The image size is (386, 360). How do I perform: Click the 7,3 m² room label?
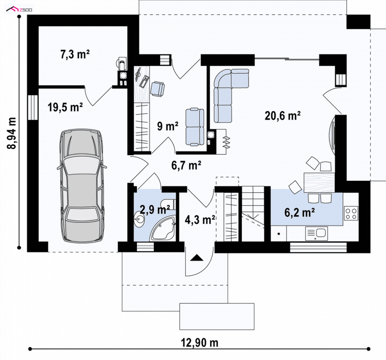coord(75,54)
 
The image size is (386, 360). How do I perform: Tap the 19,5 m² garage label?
coord(65,107)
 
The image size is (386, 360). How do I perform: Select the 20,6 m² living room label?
coord(283,116)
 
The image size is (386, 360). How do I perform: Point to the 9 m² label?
coord(168,126)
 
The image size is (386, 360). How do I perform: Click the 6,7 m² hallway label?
coord(186,165)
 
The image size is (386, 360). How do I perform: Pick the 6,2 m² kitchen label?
coord(300,213)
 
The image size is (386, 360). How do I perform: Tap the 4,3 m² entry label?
coord(200,219)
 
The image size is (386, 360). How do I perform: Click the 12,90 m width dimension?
coord(200,343)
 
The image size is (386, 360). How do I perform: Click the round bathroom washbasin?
coord(139,219)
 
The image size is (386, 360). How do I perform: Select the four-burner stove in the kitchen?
coord(351,213)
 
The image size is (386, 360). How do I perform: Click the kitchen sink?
coord(317,234)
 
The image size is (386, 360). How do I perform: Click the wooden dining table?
coord(319,183)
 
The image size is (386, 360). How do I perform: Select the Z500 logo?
coord(19,10)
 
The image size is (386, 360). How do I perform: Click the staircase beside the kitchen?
coord(253,213)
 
